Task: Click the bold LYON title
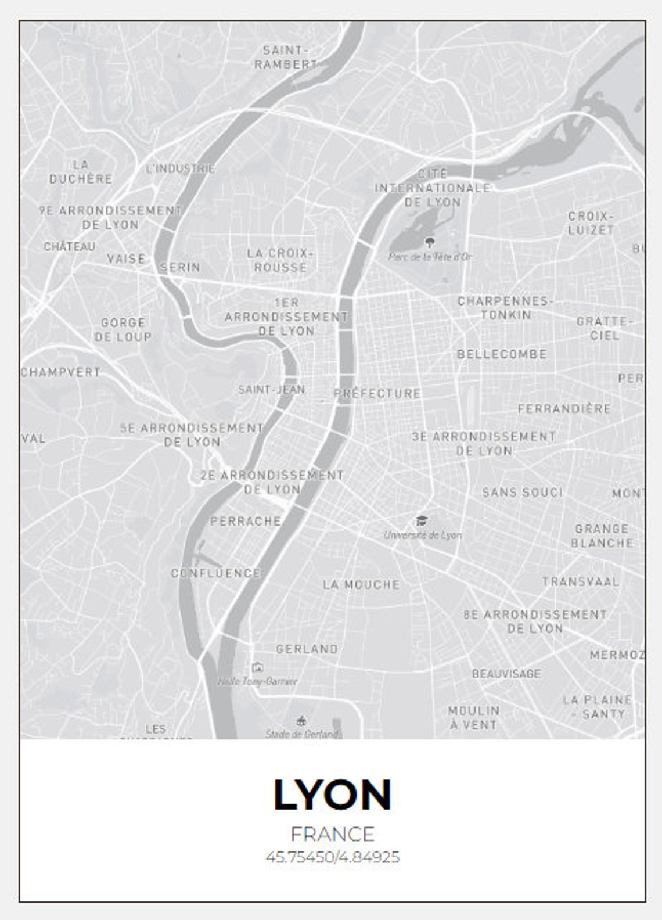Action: pyautogui.click(x=332, y=794)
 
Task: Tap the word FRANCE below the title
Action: pyautogui.click(x=332, y=834)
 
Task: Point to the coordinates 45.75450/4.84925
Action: pyautogui.click(x=332, y=857)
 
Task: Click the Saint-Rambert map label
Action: pyautogui.click(x=285, y=57)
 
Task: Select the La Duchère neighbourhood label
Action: pyautogui.click(x=81, y=172)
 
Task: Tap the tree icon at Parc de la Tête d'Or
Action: pyautogui.click(x=430, y=241)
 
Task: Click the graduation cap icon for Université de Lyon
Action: pyautogui.click(x=422, y=520)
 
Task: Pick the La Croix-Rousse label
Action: pyautogui.click(x=280, y=260)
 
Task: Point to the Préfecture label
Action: pyautogui.click(x=377, y=393)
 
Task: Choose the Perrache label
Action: pyautogui.click(x=245, y=521)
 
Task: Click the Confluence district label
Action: pyautogui.click(x=215, y=573)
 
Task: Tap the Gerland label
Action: pyautogui.click(x=307, y=649)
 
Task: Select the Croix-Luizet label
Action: pyautogui.click(x=591, y=223)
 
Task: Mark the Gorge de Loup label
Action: pyautogui.click(x=123, y=329)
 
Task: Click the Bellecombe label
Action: pyautogui.click(x=502, y=354)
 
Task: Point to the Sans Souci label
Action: pyautogui.click(x=523, y=493)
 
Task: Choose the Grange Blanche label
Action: pyautogui.click(x=602, y=536)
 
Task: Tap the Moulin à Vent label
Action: pyautogui.click(x=473, y=718)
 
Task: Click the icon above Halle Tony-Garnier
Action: pyautogui.click(x=257, y=667)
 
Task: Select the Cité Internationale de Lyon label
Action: pyautogui.click(x=433, y=188)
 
